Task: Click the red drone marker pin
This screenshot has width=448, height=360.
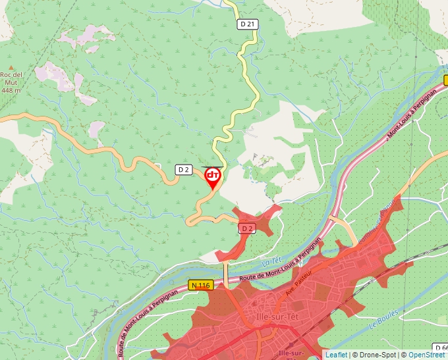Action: [x=213, y=177]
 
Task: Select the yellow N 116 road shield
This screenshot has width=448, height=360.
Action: [x=200, y=285]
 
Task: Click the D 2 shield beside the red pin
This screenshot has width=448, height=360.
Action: [x=184, y=170]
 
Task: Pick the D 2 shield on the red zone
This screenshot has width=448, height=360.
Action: [x=246, y=228]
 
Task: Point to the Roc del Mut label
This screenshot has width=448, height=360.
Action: [x=11, y=78]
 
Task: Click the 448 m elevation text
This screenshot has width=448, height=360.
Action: [x=11, y=90]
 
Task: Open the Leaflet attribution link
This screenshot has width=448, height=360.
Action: [x=336, y=355]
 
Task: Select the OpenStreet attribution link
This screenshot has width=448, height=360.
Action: [x=427, y=355]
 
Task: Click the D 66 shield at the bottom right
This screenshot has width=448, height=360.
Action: [x=441, y=347]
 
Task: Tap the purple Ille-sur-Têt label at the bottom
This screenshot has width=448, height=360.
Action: [x=292, y=354]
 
